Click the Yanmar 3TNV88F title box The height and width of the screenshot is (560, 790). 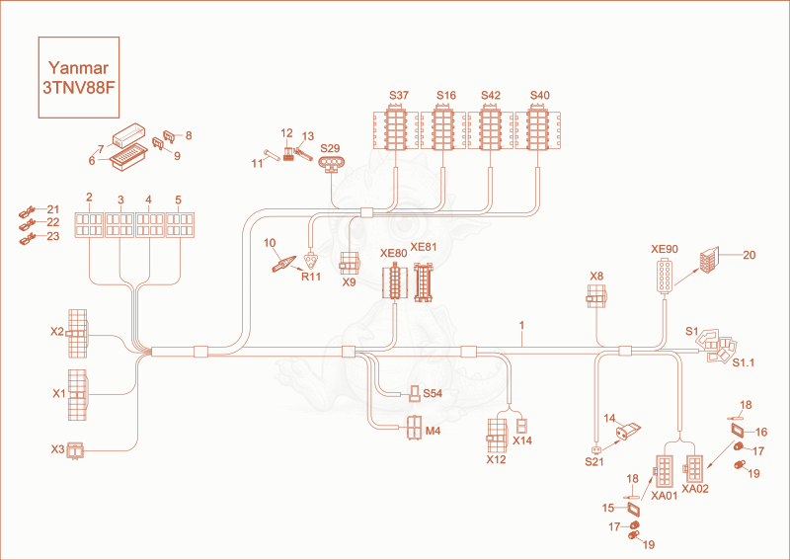(x=79, y=77)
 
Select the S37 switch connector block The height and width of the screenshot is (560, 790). (x=396, y=127)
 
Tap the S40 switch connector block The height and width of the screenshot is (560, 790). (x=537, y=127)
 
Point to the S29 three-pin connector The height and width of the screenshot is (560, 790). (x=331, y=164)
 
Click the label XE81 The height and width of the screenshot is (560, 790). (x=424, y=247)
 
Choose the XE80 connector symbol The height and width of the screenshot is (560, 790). (x=394, y=280)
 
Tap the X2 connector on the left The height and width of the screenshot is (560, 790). (x=77, y=333)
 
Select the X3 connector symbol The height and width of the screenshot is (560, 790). (x=76, y=450)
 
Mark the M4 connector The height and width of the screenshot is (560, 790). (x=415, y=428)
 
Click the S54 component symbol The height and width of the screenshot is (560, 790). (x=415, y=393)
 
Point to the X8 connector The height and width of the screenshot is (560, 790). (x=596, y=296)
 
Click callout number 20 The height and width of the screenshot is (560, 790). (x=750, y=255)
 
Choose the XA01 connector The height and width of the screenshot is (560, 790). (x=664, y=470)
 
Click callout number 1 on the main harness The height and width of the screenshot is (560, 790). (x=522, y=326)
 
